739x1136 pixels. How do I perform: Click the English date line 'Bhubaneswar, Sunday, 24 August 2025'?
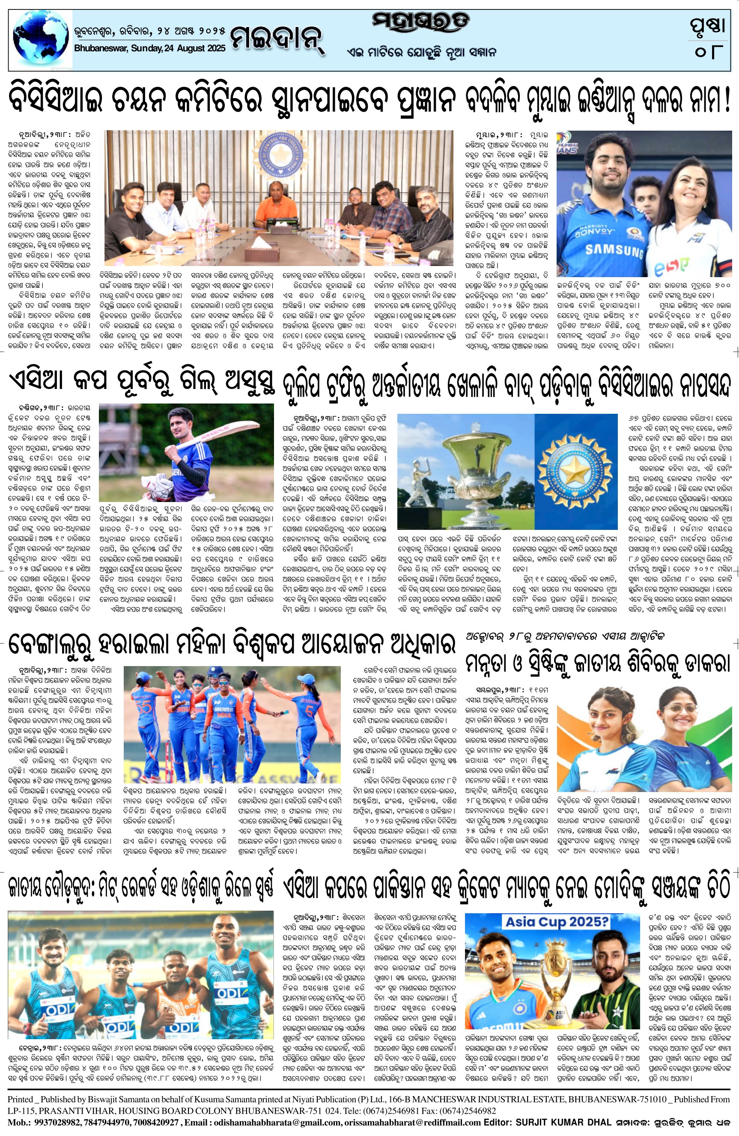click(150, 48)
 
